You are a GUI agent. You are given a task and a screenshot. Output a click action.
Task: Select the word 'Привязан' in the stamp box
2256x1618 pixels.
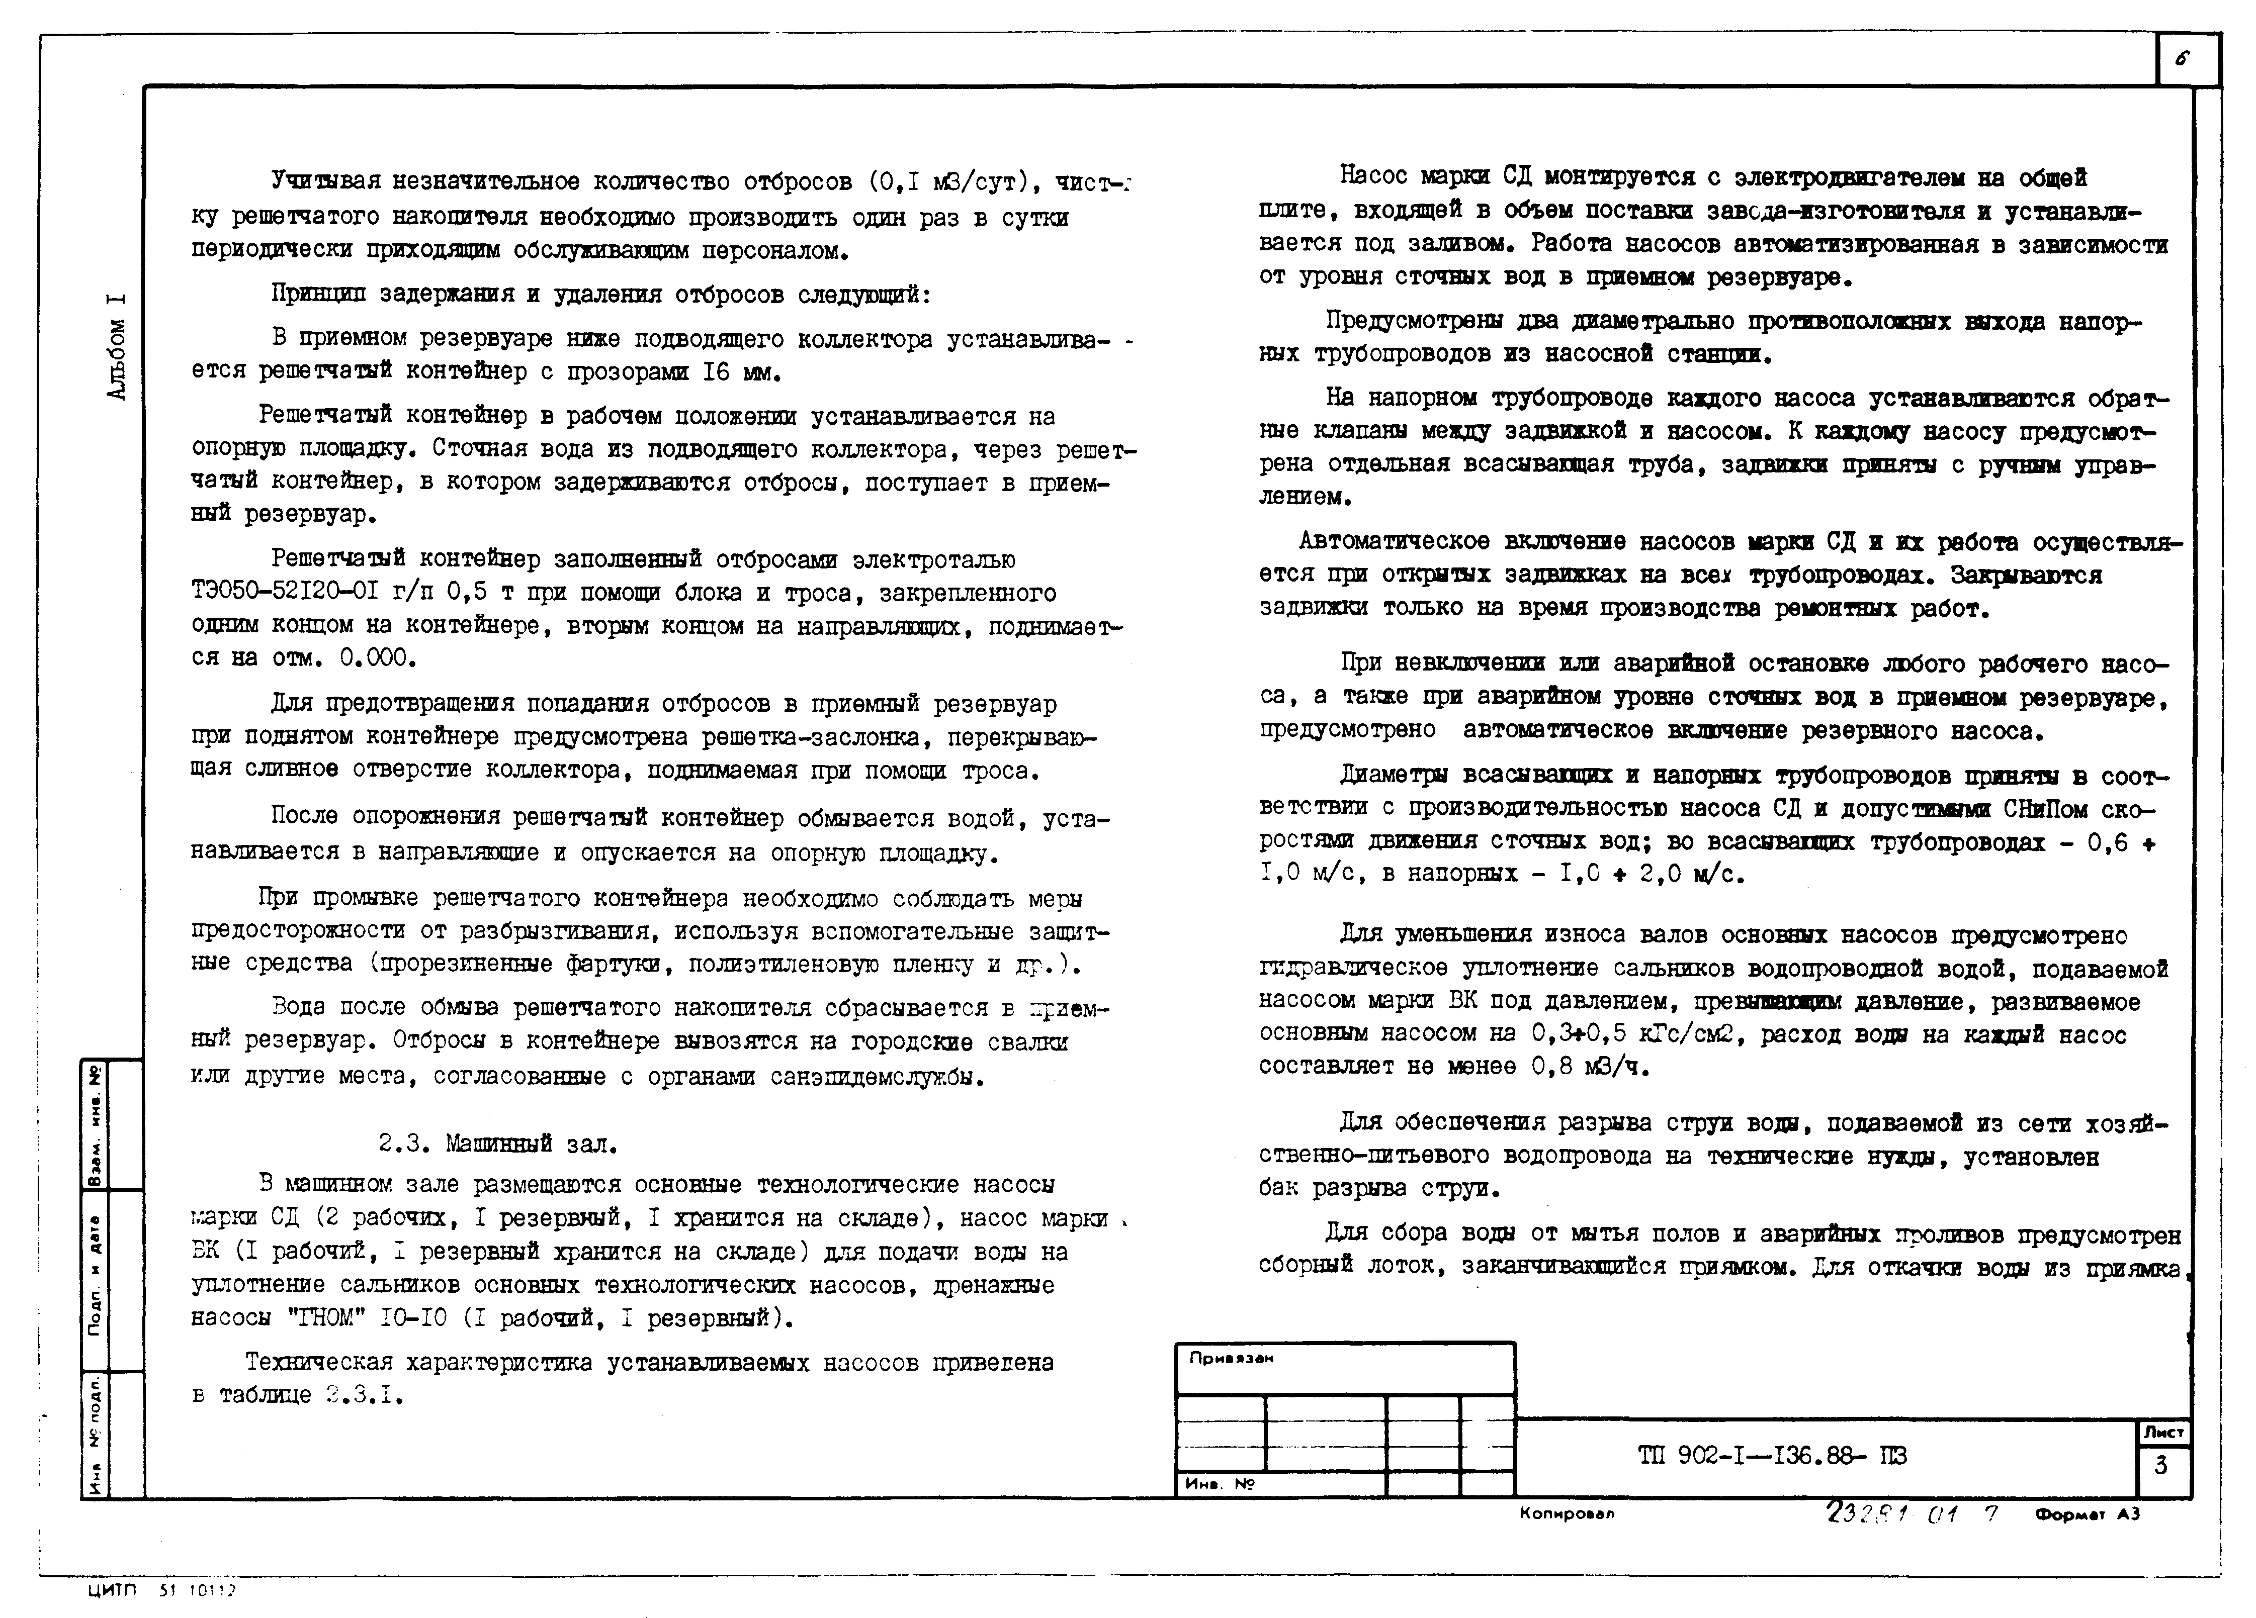point(1232,1359)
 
